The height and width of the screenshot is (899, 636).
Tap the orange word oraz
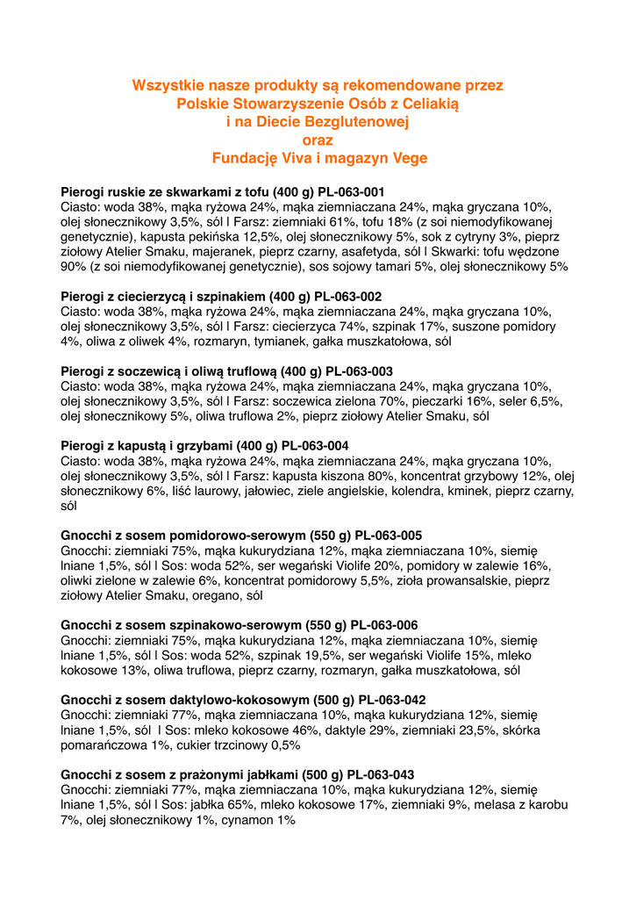318,140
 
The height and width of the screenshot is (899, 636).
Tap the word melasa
496,805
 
